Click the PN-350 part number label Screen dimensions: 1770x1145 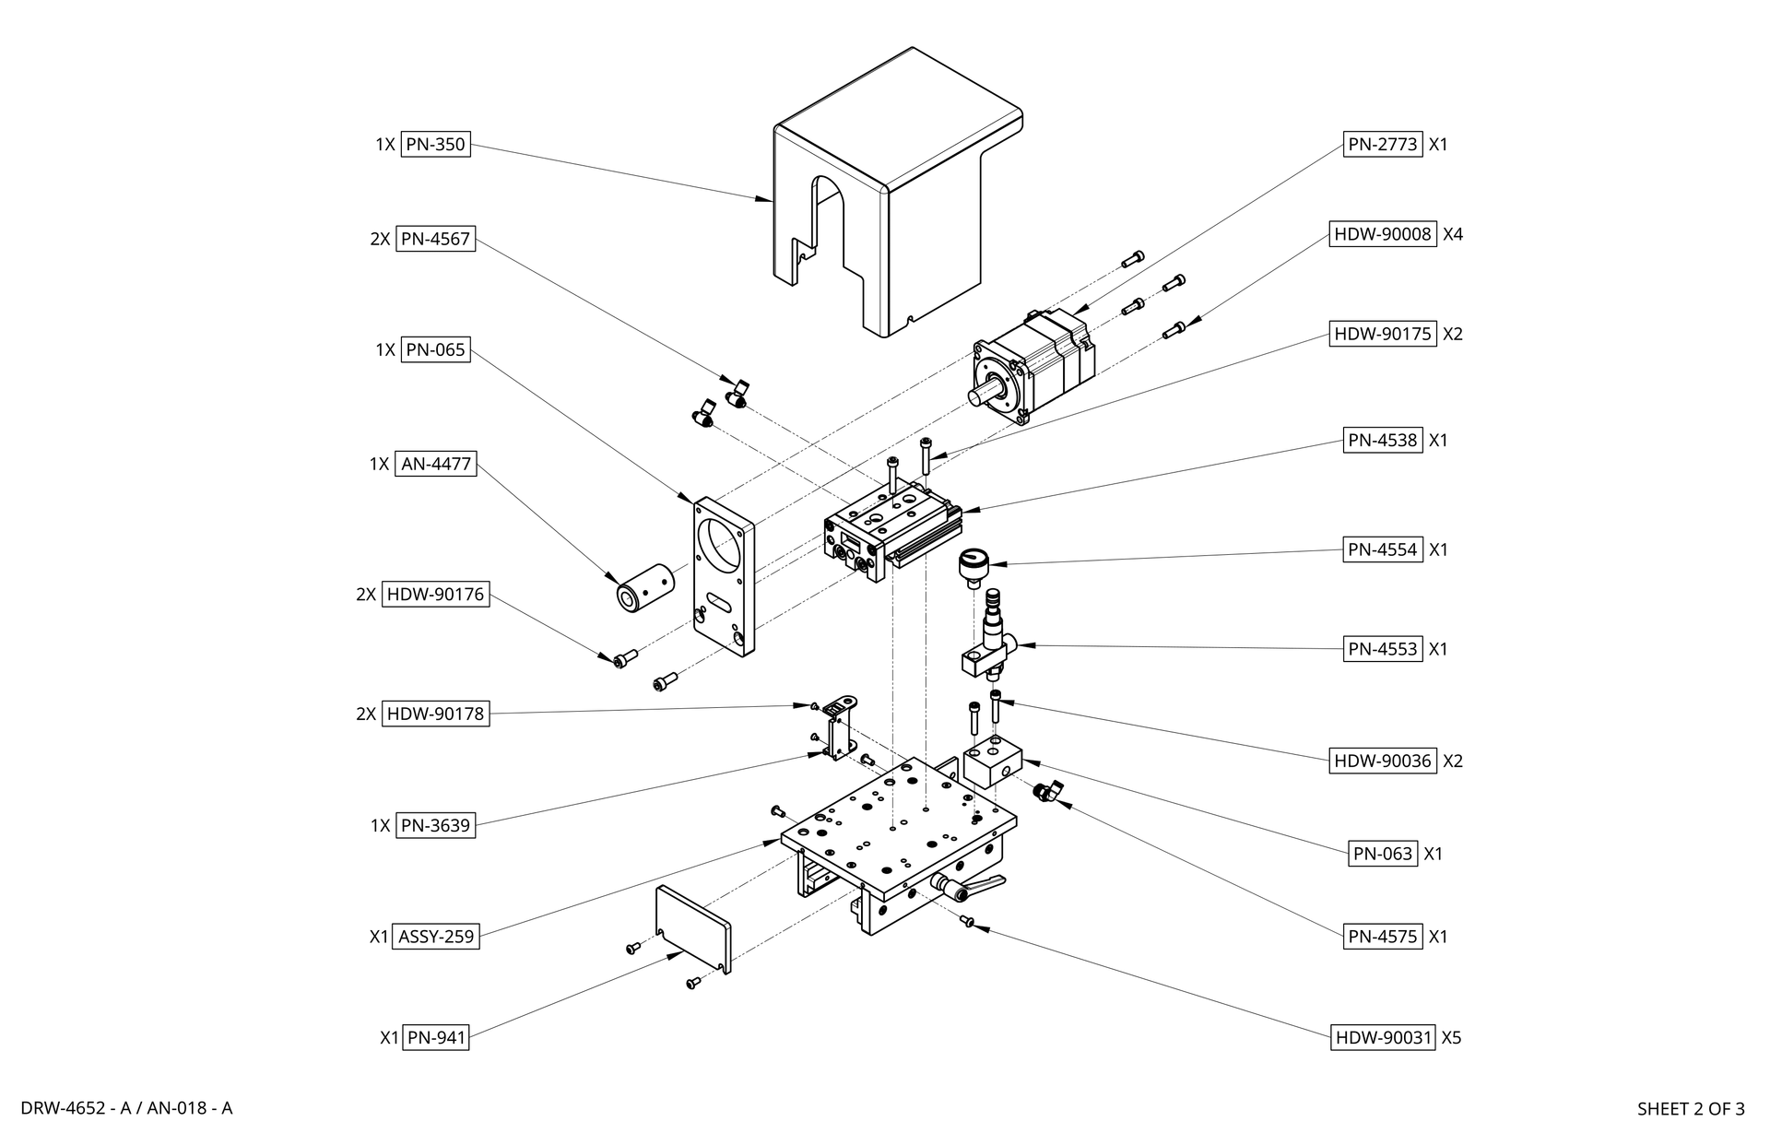pyautogui.click(x=435, y=145)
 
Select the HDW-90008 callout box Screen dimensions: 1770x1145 pyautogui.click(x=1383, y=234)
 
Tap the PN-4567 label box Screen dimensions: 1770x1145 pyautogui.click(x=435, y=239)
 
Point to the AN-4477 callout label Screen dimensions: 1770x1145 pyautogui.click(x=436, y=464)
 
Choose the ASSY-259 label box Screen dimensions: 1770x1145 pyautogui.click(x=436, y=937)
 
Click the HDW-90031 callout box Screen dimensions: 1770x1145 pyautogui.click(x=1383, y=1037)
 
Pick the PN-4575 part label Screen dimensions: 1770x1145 pyautogui.click(x=1383, y=937)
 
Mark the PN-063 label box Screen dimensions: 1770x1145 pyautogui.click(x=1383, y=854)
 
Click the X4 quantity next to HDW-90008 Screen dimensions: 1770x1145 pyautogui.click(x=1453, y=234)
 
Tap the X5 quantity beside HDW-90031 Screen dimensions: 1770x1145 pyautogui.click(x=1451, y=1037)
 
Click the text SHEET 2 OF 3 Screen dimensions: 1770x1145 pyautogui.click(x=1691, y=1109)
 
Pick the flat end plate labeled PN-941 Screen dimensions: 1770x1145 pyautogui.click(x=692, y=928)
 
